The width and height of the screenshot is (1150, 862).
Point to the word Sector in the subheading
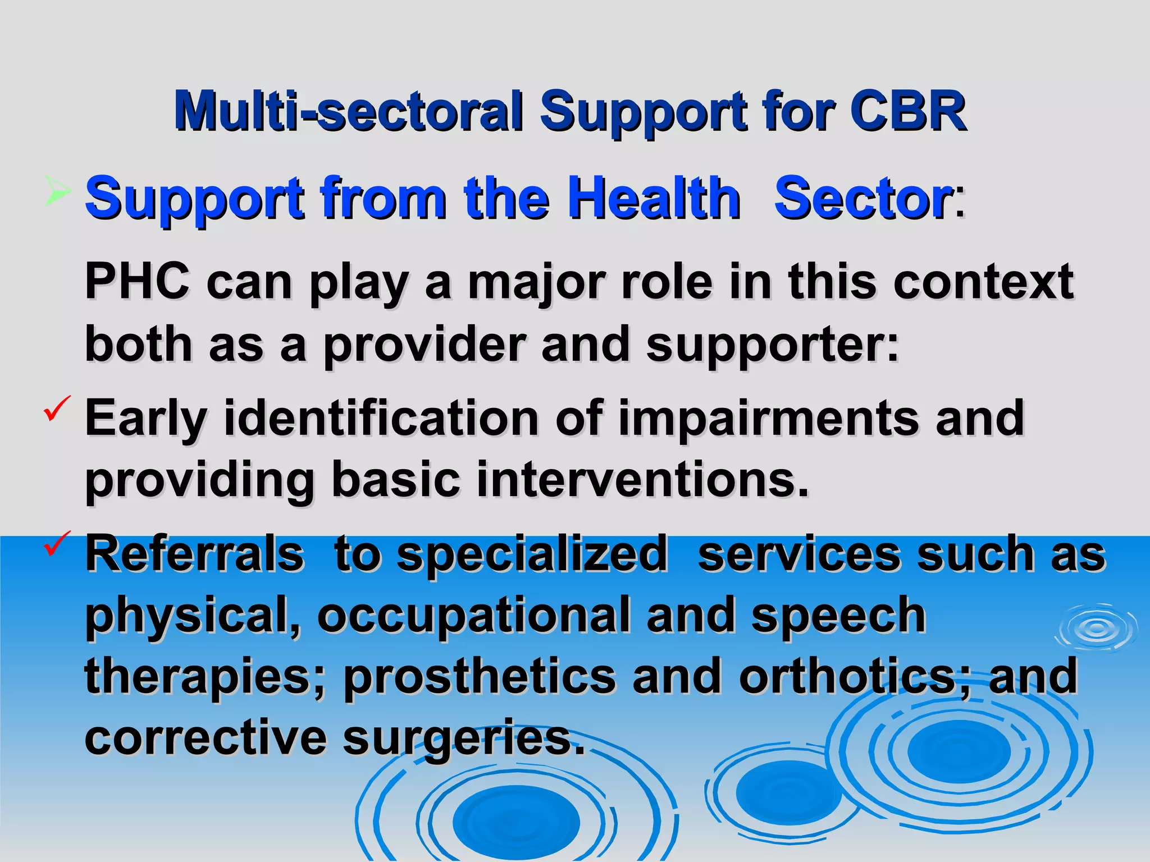pos(862,197)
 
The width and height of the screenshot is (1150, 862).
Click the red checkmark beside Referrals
pos(57,543)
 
